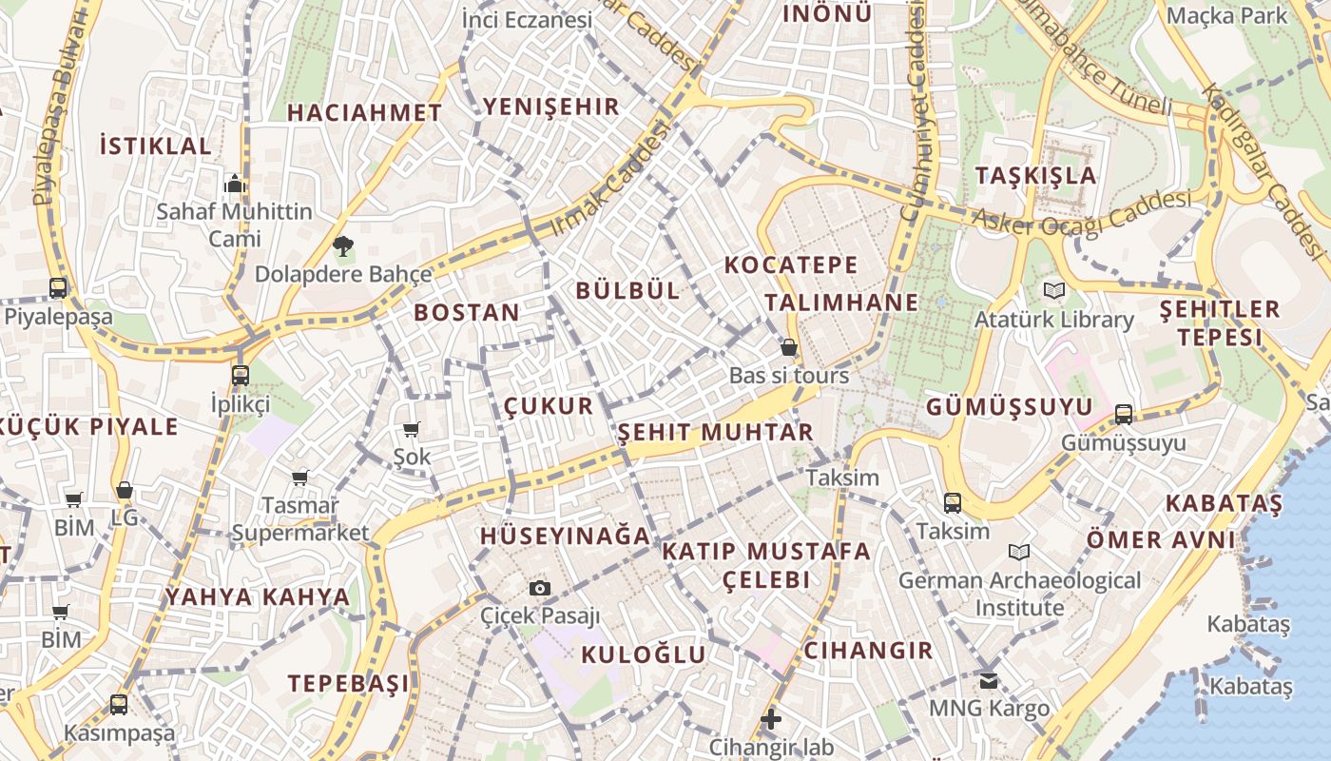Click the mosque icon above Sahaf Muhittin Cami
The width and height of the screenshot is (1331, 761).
234,184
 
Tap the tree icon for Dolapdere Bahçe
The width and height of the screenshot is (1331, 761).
342,246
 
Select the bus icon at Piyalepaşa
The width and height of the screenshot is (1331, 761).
58,287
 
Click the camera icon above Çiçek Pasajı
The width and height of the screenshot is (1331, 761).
540,588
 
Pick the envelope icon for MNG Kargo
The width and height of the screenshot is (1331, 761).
989,680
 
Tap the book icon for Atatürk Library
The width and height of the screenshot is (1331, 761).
1053,290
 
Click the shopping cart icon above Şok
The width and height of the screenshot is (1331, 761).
412,430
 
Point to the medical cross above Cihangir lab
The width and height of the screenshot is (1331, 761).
771,719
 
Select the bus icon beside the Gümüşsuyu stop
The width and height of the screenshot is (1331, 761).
1124,414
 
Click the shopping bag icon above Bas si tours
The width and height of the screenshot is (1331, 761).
788,347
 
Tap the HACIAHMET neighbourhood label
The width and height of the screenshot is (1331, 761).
365,112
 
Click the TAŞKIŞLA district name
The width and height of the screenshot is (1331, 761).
1035,175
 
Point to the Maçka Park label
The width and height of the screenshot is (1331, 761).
1227,15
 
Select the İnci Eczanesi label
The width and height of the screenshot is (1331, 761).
527,19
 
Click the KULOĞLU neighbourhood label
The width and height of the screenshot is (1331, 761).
644,654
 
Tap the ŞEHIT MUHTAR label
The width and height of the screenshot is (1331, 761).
716,432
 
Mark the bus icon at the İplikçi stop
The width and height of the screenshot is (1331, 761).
240,375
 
